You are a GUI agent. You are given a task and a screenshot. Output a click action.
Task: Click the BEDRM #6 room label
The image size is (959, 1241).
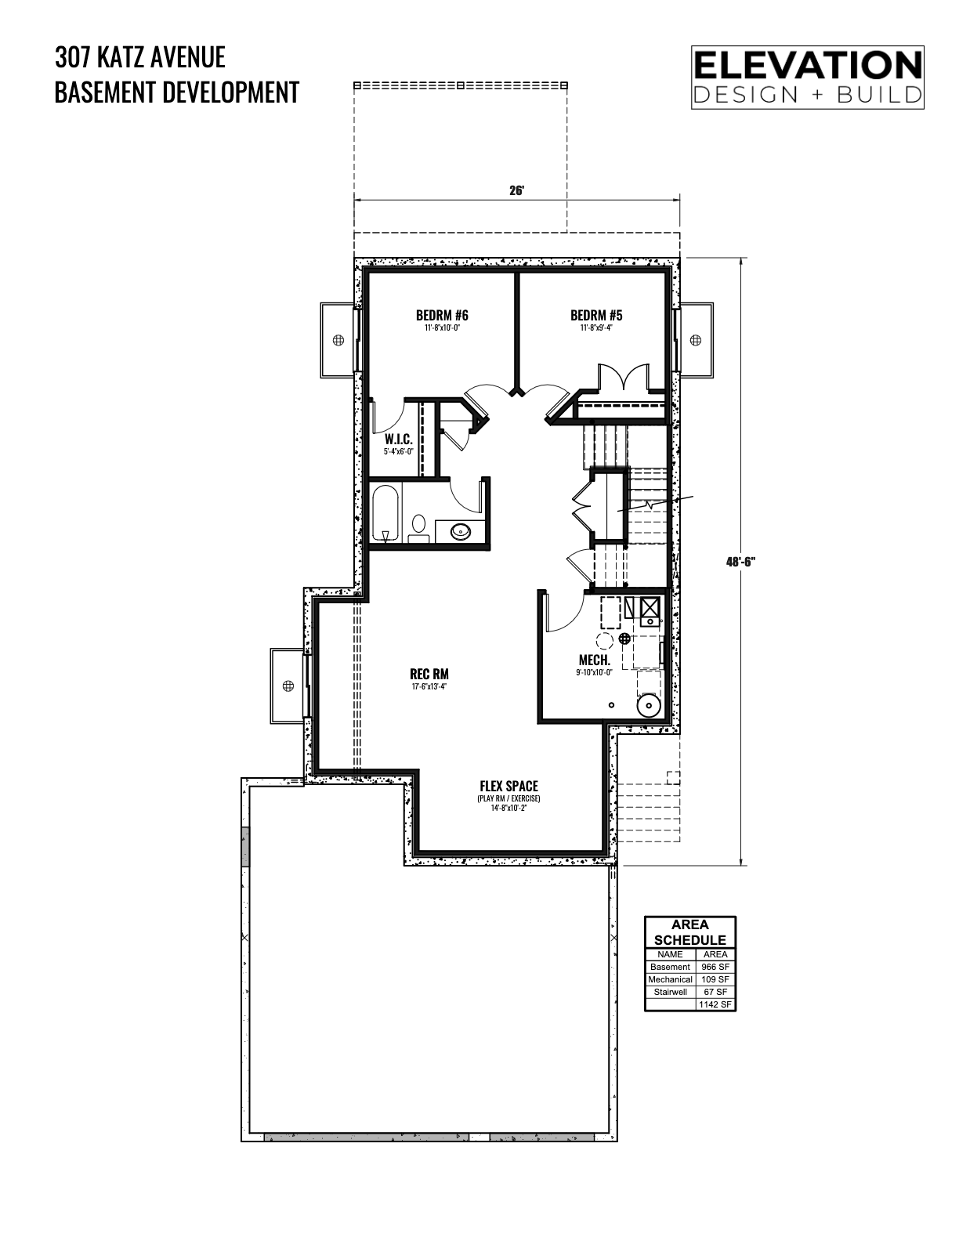442,315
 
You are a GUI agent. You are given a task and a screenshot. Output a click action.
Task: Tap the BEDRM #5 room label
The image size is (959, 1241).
595,315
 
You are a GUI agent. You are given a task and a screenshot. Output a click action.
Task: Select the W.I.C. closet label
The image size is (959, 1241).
398,440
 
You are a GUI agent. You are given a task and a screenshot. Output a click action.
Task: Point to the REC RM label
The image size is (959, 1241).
429,674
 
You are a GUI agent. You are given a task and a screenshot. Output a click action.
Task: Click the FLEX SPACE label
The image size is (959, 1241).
508,787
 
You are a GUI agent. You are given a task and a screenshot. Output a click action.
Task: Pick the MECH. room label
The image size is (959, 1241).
594,660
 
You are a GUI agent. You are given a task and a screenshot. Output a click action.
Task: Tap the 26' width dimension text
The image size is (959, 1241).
516,190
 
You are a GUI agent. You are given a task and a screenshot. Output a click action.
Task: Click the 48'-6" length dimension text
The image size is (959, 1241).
740,562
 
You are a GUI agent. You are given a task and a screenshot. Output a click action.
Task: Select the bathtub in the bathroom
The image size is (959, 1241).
386,513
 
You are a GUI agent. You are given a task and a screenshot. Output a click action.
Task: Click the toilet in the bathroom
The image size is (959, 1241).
419,528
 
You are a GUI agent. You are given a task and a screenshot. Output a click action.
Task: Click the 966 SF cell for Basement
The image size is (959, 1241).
715,967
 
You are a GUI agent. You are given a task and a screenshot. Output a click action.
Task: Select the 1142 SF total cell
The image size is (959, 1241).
715,1004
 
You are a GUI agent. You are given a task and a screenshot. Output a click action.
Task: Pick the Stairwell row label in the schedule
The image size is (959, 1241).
670,992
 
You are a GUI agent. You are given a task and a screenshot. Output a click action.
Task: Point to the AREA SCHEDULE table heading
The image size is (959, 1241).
689,932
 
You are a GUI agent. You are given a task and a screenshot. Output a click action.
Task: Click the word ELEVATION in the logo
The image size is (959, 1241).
807,66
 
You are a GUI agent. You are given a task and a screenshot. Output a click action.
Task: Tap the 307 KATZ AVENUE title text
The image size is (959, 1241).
140,57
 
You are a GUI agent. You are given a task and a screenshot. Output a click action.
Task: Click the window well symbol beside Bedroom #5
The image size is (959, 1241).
695,340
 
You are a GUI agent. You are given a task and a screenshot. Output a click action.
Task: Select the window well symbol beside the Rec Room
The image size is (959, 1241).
288,686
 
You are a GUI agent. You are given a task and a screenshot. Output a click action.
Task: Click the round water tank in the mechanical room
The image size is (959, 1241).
648,705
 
